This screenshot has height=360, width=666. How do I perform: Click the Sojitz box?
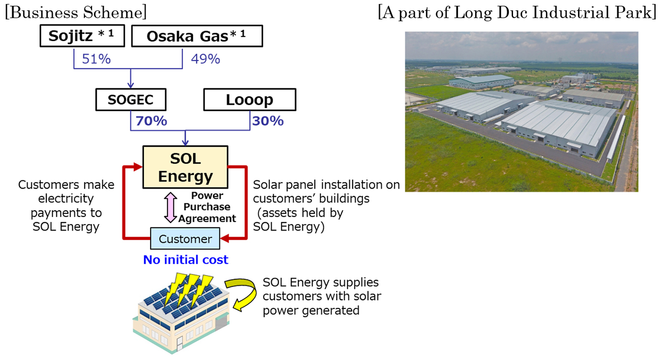82,36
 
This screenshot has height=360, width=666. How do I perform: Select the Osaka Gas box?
197,36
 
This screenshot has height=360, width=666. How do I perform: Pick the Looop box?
250,100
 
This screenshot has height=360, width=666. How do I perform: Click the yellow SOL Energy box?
185,167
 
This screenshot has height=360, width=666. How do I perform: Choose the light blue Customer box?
185,239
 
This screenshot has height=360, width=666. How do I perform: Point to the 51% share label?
96,59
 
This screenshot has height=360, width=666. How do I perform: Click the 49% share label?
205,59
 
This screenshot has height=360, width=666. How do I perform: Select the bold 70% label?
151,121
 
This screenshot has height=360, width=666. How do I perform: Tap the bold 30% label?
268,121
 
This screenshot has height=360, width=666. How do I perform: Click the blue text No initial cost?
186,259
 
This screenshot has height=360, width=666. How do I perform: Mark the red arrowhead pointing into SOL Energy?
138,166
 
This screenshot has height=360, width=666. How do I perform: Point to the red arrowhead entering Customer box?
225,239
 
